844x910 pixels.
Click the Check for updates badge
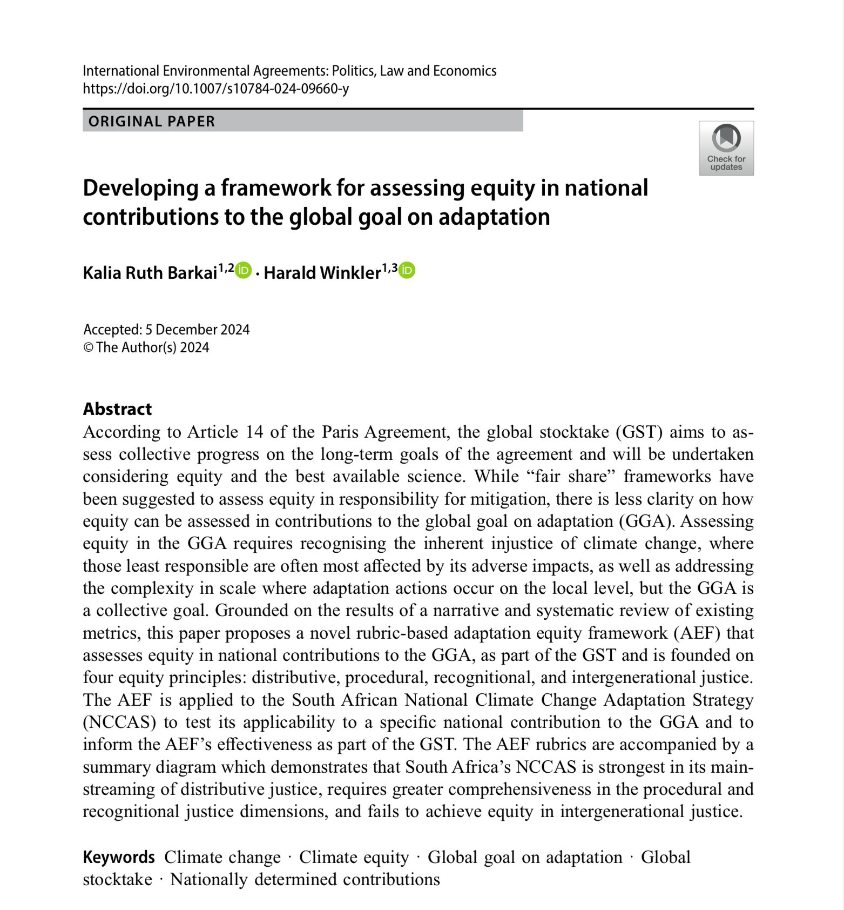(726, 148)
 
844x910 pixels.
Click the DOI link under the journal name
(215, 89)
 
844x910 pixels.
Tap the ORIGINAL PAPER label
(152, 122)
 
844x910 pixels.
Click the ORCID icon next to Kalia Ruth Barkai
(244, 270)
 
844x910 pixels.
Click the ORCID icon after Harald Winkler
(407, 270)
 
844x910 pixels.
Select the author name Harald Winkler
(322, 273)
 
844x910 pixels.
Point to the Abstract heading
(117, 409)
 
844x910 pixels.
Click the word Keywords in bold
(119, 857)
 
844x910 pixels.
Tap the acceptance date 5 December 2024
(197, 330)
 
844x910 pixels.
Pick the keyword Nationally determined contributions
(305, 879)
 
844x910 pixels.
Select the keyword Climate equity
(354, 857)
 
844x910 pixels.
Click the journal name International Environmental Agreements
(205, 71)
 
